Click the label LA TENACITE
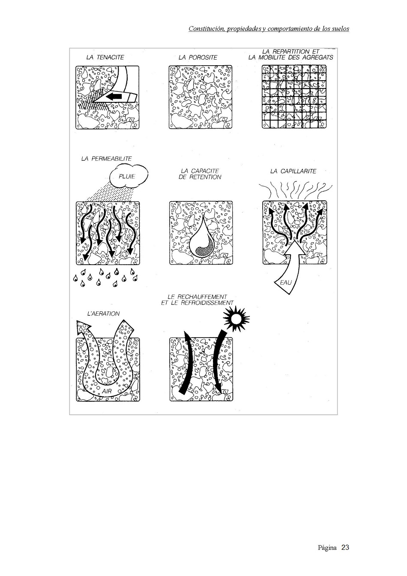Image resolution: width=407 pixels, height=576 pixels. pos(105,57)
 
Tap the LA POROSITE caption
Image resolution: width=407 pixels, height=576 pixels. pos(198,57)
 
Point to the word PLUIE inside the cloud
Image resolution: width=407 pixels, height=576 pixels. pos(127,176)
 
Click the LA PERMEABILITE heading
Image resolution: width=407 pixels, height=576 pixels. pos(107,159)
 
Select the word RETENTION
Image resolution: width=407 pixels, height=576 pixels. pos(205,177)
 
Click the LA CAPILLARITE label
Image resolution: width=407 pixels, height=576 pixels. pos(293,171)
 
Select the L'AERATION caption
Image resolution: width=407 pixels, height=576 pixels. pos(103,314)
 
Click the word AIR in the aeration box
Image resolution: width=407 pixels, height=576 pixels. pos(107,391)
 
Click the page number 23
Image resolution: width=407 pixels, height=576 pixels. pos(345,548)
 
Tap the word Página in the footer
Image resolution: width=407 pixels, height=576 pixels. pos(327,548)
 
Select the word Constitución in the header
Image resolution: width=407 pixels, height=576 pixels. pos(204,29)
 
